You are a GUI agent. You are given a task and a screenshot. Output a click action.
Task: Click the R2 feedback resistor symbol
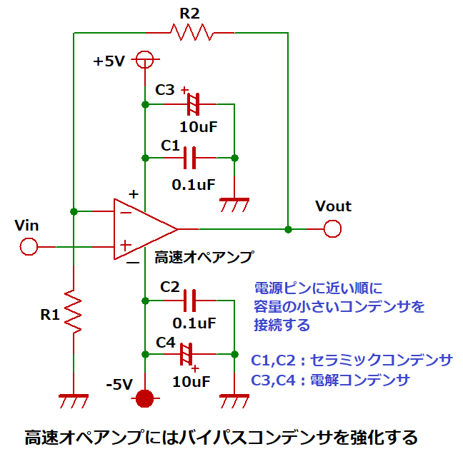click(x=191, y=32)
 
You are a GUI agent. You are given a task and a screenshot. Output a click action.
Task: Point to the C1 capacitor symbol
click(x=190, y=157)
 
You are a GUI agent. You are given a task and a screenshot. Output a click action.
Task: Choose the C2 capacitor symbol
click(x=190, y=301)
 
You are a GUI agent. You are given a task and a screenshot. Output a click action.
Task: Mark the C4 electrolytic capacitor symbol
click(x=188, y=353)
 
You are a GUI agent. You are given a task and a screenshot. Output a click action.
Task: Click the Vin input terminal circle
click(x=29, y=247)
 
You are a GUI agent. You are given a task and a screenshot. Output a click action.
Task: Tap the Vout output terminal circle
click(x=332, y=229)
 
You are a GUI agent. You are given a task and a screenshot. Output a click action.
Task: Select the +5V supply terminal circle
click(x=145, y=59)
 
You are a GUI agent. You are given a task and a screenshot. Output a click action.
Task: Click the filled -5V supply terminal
click(x=145, y=398)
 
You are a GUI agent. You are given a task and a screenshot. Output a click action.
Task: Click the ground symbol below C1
click(x=234, y=204)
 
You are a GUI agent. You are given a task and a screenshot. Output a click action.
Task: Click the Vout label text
click(x=333, y=206)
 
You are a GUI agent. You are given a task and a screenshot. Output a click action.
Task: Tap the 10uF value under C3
click(x=198, y=127)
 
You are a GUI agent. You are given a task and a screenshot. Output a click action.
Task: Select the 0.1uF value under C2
click(x=194, y=323)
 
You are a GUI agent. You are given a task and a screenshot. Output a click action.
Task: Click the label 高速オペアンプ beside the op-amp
click(x=204, y=257)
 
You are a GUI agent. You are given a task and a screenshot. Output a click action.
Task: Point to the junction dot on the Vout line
click(x=288, y=229)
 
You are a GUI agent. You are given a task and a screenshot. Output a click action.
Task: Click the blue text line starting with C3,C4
click(x=331, y=380)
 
